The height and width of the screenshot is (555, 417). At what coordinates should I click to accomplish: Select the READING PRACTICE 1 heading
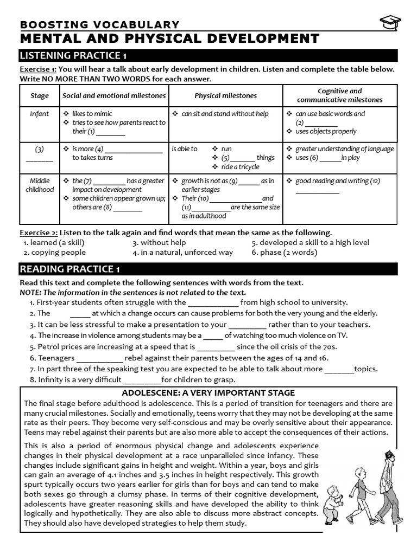[x=69, y=269]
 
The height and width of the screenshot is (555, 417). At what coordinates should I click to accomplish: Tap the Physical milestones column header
[x=226, y=96]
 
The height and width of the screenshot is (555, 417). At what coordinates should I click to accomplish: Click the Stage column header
[x=40, y=96]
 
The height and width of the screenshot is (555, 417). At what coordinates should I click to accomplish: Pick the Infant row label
[x=40, y=114]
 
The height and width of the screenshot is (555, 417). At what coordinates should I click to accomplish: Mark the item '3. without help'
[x=159, y=242]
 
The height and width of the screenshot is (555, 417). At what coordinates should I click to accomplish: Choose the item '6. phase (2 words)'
[x=285, y=252]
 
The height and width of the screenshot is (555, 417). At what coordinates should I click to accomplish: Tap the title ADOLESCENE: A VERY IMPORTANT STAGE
[x=208, y=392]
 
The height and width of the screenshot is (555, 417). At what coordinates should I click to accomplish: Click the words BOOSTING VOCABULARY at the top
[x=99, y=24]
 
